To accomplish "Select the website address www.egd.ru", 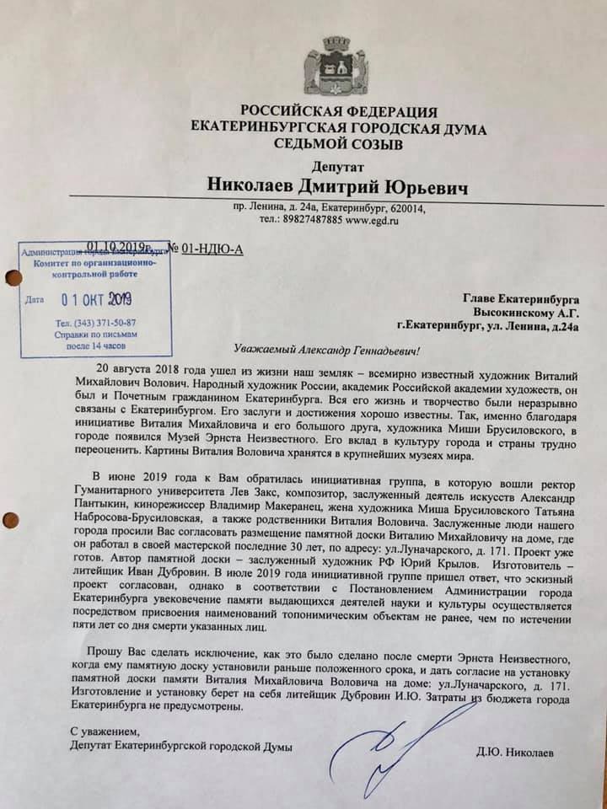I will [370, 221].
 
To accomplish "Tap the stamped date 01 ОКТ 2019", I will [97, 298].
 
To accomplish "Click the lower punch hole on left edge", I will [9, 520].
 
